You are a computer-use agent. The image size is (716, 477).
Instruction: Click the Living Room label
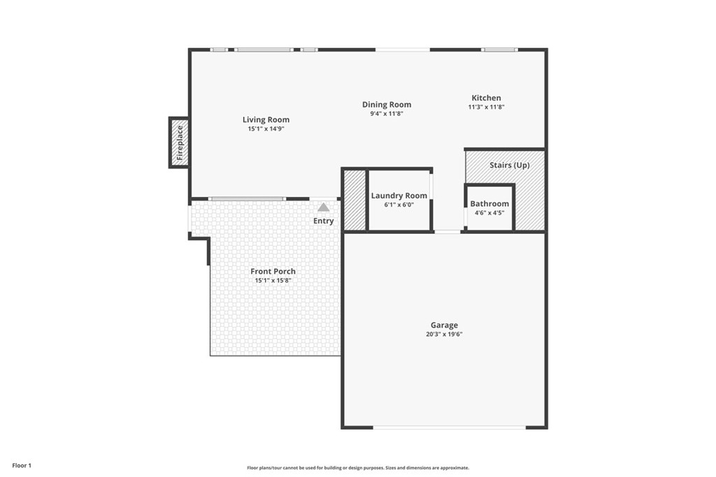[266, 119]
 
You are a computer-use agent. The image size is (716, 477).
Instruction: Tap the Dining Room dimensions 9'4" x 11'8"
[387, 114]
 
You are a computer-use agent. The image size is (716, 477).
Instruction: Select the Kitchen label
[486, 98]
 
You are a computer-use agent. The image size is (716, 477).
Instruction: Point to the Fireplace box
[179, 142]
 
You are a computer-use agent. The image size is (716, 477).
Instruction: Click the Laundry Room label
[399, 196]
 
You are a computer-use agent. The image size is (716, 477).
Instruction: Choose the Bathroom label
[489, 204]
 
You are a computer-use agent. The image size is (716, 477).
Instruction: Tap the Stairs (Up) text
[509, 166]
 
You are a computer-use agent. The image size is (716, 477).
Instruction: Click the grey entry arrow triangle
[323, 207]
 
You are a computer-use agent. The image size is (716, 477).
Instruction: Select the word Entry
[323, 221]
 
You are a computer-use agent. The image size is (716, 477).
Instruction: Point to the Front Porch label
[273, 271]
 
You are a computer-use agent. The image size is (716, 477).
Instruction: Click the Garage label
[444, 325]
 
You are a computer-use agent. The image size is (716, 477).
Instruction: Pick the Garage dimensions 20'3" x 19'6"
[444, 335]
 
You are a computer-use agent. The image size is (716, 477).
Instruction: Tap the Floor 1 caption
[22, 465]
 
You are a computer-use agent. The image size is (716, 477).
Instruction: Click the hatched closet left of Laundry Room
[355, 200]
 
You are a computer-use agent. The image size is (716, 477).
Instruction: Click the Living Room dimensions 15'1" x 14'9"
[266, 129]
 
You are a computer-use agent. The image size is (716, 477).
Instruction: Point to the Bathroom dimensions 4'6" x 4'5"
[489, 213]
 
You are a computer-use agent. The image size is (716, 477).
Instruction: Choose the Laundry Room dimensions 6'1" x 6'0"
[399, 205]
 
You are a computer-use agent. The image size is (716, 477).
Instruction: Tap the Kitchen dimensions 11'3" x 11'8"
[486, 108]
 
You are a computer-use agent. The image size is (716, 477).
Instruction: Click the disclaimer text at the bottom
[357, 468]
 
